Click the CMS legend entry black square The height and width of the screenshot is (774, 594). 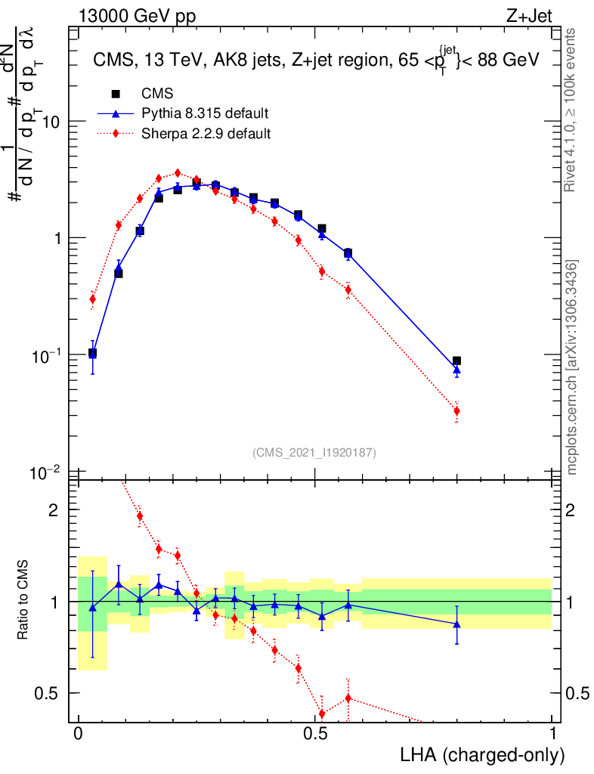point(116,94)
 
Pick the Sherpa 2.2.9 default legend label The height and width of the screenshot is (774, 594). point(206,135)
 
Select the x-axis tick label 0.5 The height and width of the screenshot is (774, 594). point(315,733)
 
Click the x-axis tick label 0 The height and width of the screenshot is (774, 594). point(78,733)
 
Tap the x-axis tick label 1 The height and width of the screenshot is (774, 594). point(552,733)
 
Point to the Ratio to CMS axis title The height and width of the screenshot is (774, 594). point(23,601)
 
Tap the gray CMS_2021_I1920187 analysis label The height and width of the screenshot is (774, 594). point(314,452)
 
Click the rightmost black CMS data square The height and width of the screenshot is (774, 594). point(456,361)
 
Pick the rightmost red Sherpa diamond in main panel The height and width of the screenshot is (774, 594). point(456,411)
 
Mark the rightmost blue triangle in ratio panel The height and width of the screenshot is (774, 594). point(456,624)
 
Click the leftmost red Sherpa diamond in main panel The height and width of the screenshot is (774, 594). point(92,299)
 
